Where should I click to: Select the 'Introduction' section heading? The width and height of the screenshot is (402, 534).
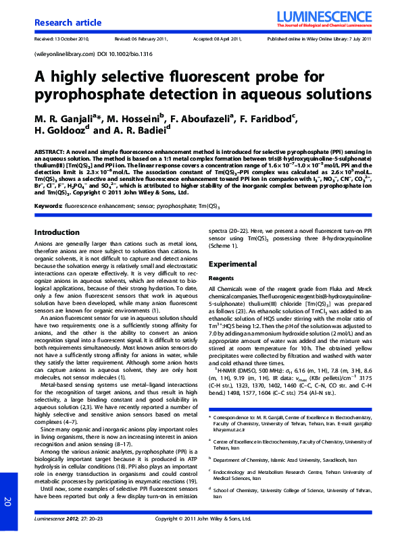(57, 232)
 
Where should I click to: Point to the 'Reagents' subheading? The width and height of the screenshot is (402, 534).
(221, 277)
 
